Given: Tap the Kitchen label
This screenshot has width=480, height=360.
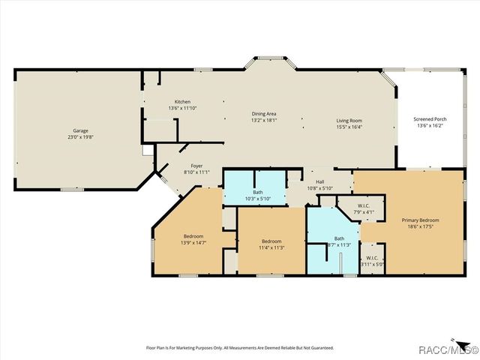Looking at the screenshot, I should coord(182,101).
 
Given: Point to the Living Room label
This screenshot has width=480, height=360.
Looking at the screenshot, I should coord(349,120).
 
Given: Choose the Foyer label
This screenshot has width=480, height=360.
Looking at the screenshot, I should coord(196,166).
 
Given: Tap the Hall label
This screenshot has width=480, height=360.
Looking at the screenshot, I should coord(320,181).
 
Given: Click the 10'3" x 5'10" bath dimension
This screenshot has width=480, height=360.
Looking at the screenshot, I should coord(257,199).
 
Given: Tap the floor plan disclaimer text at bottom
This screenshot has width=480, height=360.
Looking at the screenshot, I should coord(238,348).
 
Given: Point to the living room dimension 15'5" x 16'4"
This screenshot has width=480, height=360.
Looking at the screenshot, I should coord(349,127).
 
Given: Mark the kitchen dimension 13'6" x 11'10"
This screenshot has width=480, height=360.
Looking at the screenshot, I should coord(182,108).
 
